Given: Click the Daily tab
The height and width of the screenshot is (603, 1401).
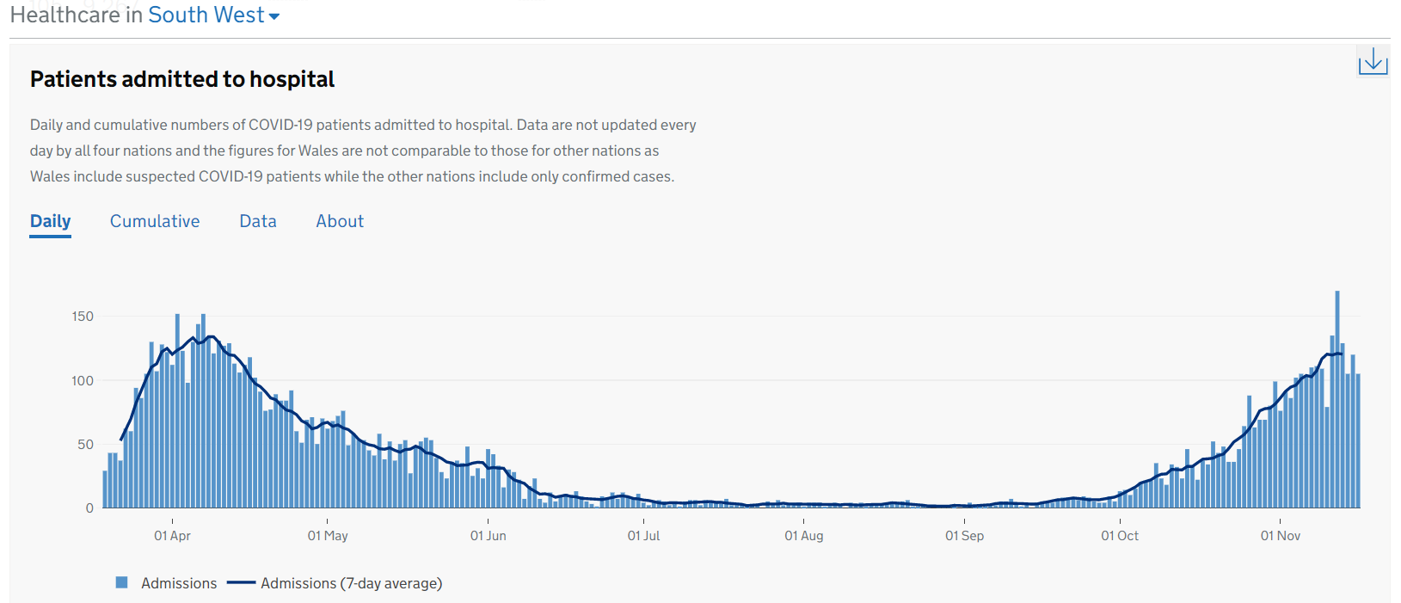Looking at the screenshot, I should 50,221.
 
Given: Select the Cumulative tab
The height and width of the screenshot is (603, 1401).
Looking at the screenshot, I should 155,221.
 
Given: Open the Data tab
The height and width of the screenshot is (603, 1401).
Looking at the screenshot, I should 258,221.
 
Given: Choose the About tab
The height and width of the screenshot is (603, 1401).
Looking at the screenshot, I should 340,221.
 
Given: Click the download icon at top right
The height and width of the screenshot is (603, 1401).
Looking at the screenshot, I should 1373,61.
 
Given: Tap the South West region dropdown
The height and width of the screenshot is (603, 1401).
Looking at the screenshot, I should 214,15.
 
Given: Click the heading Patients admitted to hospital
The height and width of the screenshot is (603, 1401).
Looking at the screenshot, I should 182,79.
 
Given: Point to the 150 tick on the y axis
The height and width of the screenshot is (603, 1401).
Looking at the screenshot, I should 83,317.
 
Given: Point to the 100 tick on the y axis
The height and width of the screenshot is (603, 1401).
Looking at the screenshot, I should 83,380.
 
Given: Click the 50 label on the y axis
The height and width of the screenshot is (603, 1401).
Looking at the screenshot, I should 85,445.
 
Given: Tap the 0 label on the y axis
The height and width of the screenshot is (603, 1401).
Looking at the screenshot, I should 89,508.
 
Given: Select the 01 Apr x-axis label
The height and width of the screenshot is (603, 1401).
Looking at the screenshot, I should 172,536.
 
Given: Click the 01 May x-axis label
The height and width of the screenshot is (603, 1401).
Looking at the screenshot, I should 328,536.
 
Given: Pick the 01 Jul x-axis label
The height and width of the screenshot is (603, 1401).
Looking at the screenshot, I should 643,536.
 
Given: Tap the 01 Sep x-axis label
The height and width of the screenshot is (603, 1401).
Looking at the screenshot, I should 964,536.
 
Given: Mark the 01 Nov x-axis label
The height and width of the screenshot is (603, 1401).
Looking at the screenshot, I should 1280,536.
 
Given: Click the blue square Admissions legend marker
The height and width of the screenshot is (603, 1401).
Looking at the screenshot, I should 122,582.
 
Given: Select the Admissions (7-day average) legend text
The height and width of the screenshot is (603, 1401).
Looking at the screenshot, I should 351,583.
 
